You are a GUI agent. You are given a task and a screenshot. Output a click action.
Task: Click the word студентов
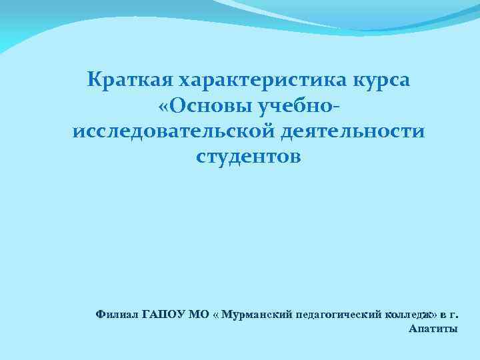pos(248,156)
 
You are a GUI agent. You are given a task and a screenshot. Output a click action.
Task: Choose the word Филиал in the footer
pos(117,313)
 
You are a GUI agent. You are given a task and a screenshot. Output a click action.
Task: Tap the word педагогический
pos(339,314)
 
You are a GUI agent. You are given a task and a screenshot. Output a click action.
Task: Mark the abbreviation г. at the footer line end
pos(453,314)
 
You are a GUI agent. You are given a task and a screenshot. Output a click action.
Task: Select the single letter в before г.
pos(442,314)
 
